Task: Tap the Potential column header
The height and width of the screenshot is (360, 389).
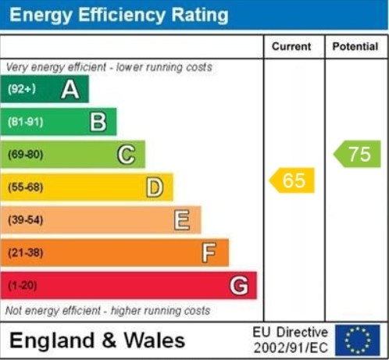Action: [x=355, y=47]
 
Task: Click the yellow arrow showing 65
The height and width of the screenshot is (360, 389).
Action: [x=292, y=180]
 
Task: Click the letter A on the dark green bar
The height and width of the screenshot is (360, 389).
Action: [x=70, y=90]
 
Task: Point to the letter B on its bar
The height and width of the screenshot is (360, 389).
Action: [x=98, y=122]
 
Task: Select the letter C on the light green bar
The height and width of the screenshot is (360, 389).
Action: [x=126, y=155]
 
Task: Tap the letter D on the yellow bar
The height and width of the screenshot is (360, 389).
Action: [x=155, y=187]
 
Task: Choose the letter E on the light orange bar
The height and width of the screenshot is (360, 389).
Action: [x=182, y=220]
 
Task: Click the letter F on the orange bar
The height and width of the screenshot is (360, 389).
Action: [x=209, y=253]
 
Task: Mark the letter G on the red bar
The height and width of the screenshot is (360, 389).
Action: [x=239, y=286]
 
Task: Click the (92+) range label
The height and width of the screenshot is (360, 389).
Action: [x=22, y=90]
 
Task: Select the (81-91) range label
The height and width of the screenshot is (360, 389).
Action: [x=25, y=122]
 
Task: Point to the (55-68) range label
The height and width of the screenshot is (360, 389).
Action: [x=25, y=187]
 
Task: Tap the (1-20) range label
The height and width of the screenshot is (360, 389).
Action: [x=22, y=286]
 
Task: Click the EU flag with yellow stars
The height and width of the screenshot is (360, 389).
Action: [x=358, y=340]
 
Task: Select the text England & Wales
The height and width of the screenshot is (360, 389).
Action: [x=97, y=340]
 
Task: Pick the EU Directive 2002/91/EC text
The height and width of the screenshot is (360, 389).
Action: [x=291, y=340]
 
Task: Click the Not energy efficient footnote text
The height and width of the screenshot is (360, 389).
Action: [x=108, y=311]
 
